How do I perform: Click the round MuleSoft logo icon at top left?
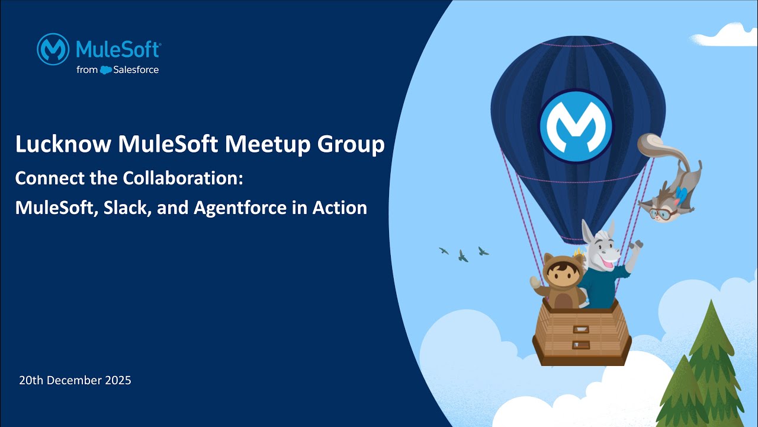(x=53, y=49)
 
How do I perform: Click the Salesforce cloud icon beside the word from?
(x=106, y=70)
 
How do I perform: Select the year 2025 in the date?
(x=117, y=381)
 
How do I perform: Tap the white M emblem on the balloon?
(x=576, y=125)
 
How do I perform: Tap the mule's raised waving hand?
(x=635, y=245)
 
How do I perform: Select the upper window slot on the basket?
(x=581, y=329)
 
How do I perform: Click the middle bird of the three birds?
(x=462, y=256)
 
